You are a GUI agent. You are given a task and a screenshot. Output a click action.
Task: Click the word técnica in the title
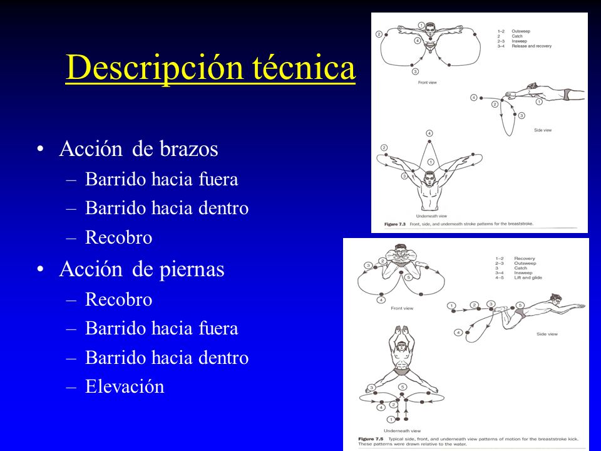coord(306,68)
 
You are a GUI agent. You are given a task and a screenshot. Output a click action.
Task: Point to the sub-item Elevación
coord(125,386)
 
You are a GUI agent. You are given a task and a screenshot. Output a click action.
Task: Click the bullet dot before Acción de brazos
coord(41,150)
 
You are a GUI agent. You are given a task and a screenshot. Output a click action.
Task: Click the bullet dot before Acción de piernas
coord(41,269)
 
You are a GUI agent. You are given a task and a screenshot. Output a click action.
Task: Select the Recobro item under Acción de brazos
coord(118,237)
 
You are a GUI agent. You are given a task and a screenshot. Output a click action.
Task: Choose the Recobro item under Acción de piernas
coord(118,299)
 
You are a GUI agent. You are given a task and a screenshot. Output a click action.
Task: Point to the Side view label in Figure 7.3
coord(543,130)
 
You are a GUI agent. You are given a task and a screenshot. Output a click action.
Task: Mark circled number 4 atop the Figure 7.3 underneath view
coord(429,133)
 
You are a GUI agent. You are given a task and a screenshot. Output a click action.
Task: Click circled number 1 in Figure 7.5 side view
coord(451,306)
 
